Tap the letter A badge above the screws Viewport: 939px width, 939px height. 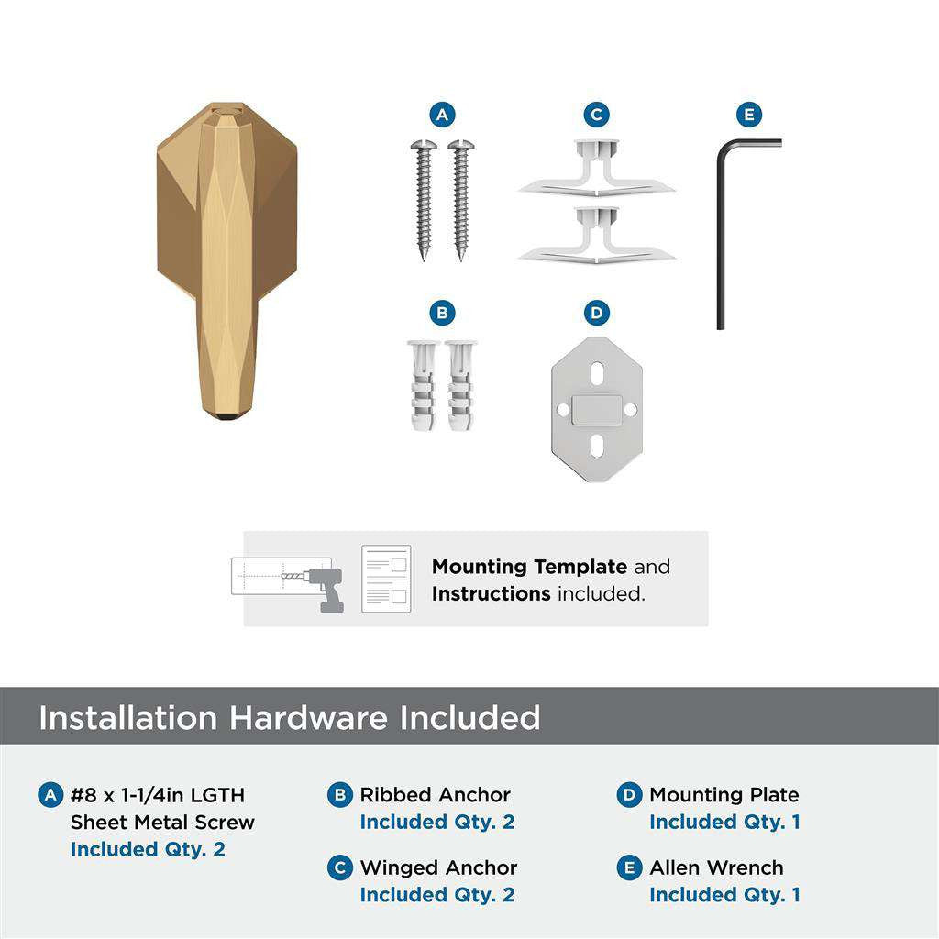pos(442,115)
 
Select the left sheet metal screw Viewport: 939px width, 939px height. pos(424,197)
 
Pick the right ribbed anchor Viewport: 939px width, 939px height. pos(460,386)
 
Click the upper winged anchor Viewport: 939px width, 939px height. pos(596,169)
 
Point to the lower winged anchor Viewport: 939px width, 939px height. pos(596,236)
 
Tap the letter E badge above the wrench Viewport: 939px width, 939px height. pos(749,115)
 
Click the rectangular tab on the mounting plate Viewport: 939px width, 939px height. pos(596,409)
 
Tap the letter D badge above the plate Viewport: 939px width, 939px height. pos(596,314)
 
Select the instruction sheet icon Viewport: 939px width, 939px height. pos(385,579)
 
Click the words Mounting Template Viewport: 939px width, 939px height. pos(529,567)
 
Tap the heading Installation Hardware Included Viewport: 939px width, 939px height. pos(289,717)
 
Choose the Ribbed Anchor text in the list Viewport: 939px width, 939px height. pos(435,795)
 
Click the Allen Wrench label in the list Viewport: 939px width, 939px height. pos(716,867)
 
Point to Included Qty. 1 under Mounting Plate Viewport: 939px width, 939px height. pos(724,822)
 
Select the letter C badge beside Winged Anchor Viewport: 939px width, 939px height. pos(340,867)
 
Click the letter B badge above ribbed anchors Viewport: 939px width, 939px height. pos(442,314)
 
